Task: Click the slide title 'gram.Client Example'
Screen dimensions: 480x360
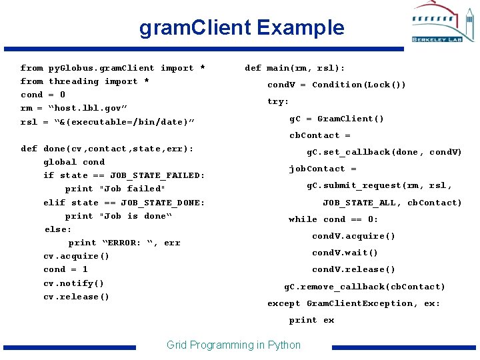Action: tap(241, 28)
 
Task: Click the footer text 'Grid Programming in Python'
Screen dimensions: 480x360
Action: tap(233, 345)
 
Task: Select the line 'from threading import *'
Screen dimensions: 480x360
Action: tap(85, 81)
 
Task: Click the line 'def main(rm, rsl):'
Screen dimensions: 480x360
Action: tap(295, 68)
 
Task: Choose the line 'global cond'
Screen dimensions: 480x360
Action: tap(74, 162)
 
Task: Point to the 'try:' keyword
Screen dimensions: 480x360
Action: tap(278, 101)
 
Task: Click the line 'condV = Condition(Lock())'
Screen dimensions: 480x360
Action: tap(337, 85)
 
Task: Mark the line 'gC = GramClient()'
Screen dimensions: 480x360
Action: tap(337, 119)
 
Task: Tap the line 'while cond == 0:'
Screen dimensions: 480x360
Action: tap(333, 219)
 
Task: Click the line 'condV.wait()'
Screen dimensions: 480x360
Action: tap(345, 253)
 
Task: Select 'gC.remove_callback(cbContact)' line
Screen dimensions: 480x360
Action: tap(365, 287)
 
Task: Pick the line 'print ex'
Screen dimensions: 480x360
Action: tap(311, 320)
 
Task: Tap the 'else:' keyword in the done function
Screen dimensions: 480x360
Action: tap(58, 229)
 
